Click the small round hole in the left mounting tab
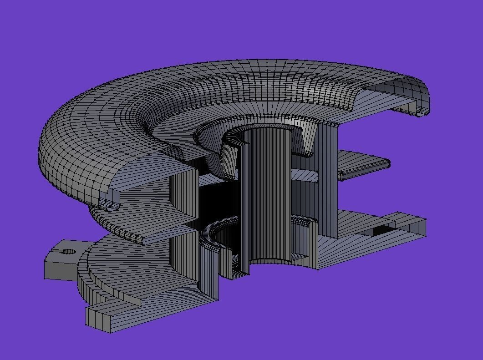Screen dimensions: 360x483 point(69,251)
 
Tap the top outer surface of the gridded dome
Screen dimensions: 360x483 point(228,82)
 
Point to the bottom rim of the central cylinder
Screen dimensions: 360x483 point(269,262)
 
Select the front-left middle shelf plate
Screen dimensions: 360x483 point(155,228)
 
